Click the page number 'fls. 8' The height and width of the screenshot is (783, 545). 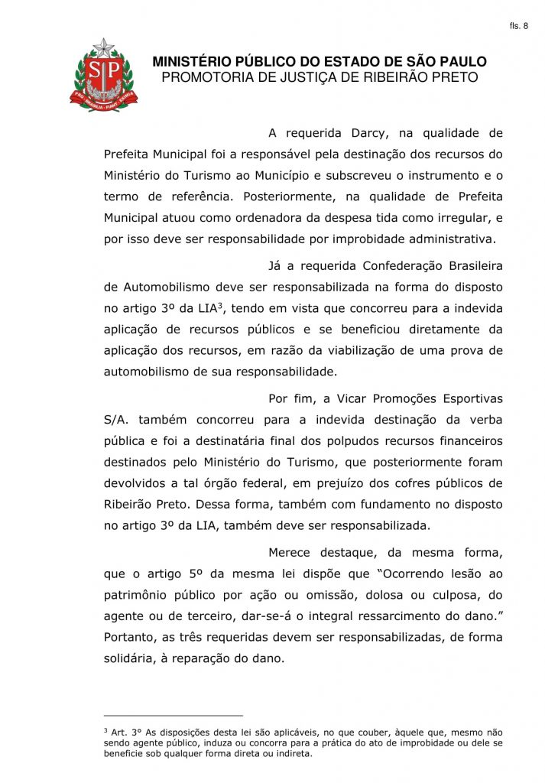[x=518, y=26]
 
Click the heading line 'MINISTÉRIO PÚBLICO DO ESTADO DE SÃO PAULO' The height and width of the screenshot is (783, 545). [x=320, y=62]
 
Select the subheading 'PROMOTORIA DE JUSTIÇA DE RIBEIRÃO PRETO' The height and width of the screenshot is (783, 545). [x=320, y=77]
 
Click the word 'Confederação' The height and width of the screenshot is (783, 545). [x=393, y=266]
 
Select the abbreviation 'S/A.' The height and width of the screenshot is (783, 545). [x=118, y=420]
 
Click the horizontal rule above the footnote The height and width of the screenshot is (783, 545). [x=173, y=716]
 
